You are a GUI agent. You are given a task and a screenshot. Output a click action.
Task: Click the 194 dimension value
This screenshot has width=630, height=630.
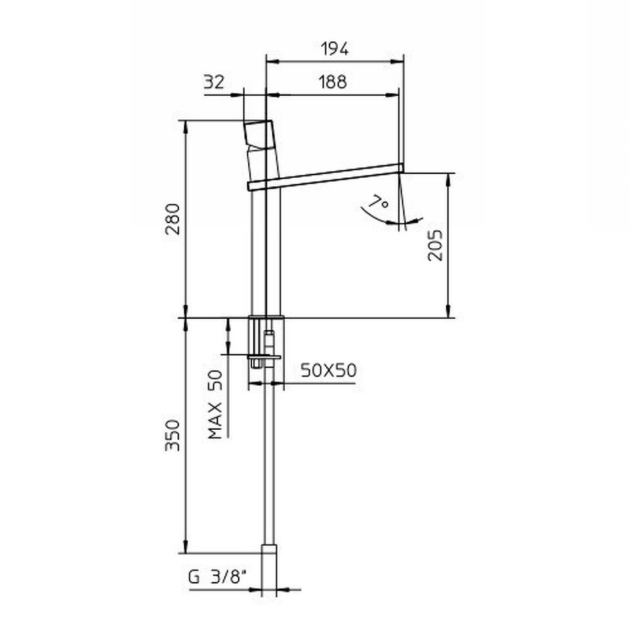pos(335,49)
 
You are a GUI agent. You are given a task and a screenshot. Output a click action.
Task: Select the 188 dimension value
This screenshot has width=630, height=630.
pos(333,82)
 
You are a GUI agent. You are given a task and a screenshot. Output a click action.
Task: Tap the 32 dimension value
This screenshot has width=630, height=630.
pos(214,82)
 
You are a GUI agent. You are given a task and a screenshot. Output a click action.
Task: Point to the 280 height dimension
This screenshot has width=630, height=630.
pos(173,219)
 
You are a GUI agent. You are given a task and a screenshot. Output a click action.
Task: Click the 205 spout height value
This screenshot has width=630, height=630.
pos(435,245)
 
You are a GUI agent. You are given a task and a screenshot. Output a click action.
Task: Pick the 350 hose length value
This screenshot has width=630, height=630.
pos(173,435)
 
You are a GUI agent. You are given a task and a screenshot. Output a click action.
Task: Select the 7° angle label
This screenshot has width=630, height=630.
pos(379,201)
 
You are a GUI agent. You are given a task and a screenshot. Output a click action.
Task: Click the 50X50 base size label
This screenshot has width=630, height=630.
pos(328,370)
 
